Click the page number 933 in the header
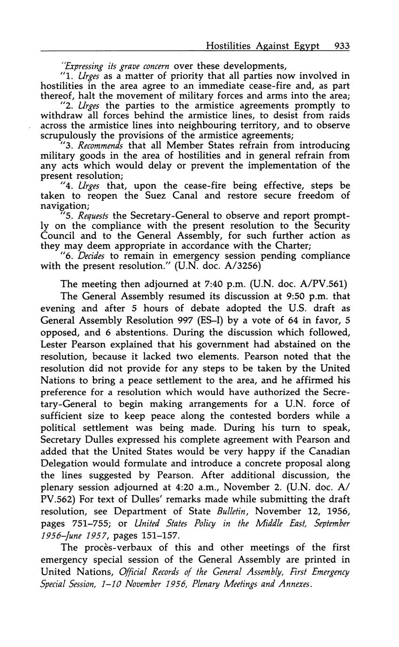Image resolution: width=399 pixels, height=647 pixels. click(342, 46)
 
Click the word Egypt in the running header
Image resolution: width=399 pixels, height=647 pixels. click(306, 46)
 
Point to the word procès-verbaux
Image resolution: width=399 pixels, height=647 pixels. click(112, 548)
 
